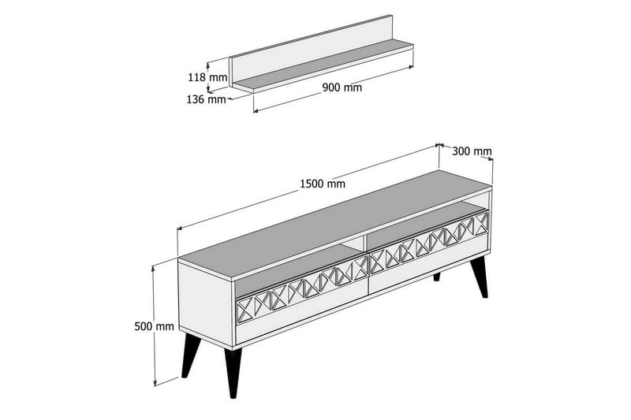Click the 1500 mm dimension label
tap(322, 184)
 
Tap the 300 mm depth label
tap(471, 151)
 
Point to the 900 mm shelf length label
tap(342, 87)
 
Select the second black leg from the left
tap(232, 370)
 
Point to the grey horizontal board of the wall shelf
tap(331, 67)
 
